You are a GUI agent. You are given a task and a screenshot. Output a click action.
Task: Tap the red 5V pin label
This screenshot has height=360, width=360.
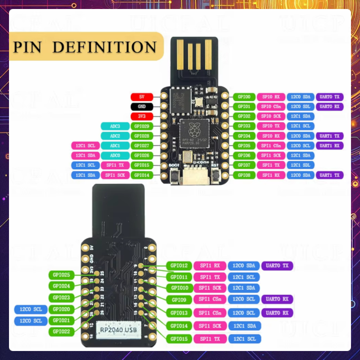coord(142,97)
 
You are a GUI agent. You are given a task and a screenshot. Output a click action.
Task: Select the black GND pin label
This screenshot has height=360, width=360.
coord(142,107)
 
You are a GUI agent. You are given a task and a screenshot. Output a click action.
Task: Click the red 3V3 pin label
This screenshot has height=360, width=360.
coord(142,117)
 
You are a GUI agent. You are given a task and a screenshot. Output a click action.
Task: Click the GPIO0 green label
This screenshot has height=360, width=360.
coord(244,97)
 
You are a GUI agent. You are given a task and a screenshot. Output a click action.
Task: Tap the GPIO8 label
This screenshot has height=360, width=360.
coord(244,175)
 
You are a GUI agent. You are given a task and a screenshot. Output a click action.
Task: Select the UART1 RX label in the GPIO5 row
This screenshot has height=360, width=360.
coord(330,146)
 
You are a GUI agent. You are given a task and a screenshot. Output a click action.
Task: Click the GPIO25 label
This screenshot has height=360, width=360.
coord(61,274)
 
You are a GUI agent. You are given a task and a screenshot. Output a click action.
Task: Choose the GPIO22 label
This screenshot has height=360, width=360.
coord(61,332)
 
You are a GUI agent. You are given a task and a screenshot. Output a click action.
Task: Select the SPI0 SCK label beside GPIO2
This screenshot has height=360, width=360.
coord(271,117)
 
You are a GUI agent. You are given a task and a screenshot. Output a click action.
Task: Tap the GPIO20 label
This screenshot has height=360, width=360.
coord(61,309)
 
